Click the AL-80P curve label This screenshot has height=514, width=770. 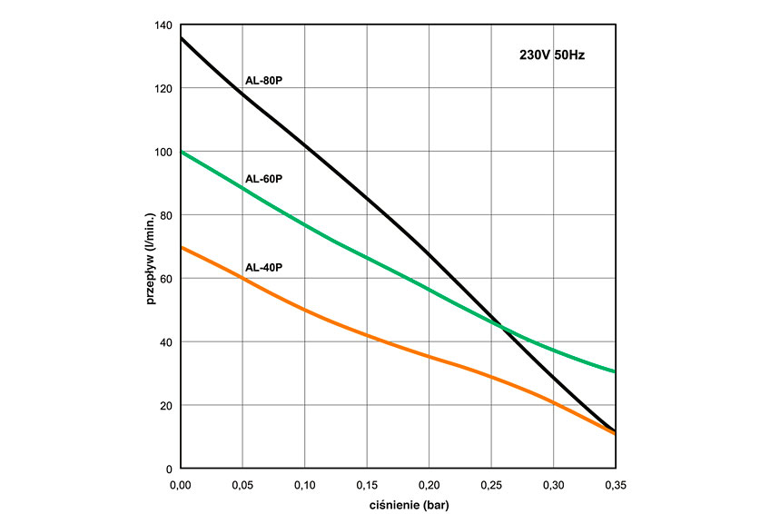coord(264,81)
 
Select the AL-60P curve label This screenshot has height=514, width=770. coord(264,179)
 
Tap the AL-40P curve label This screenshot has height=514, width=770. coord(264,268)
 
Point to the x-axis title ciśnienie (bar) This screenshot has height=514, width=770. coord(397,503)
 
